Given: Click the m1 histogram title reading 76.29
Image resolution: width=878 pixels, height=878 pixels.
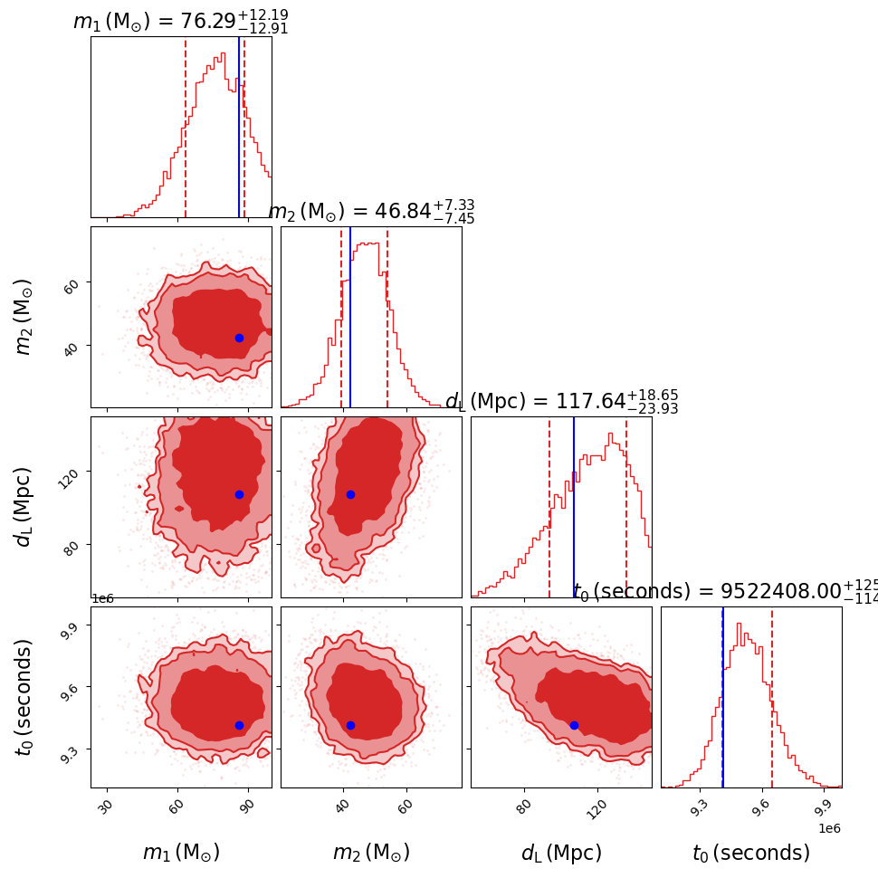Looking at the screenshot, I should click(x=181, y=21).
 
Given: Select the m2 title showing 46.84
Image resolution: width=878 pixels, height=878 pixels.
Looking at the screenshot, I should click(x=371, y=212).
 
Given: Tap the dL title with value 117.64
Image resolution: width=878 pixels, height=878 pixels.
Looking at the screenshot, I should click(x=561, y=402).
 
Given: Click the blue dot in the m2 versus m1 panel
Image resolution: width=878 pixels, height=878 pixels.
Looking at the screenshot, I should click(x=239, y=338).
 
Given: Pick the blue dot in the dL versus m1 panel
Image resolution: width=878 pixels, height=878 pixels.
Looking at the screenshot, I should click(x=239, y=494).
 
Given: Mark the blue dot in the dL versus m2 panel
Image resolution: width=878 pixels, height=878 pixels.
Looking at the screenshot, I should click(x=350, y=494).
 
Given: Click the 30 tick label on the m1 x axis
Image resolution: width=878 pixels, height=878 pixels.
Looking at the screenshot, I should click(x=107, y=806).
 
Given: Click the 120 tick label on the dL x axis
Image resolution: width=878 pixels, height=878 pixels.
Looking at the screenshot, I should click(x=596, y=806).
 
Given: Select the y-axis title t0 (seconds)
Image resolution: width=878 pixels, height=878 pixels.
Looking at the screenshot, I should click(x=24, y=697).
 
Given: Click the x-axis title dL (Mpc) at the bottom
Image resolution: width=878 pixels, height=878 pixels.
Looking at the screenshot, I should click(x=561, y=853).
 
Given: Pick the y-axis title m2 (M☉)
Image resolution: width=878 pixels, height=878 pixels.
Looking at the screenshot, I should click(x=24, y=317).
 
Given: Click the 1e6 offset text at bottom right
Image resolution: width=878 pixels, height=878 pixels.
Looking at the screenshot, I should click(x=829, y=827).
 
